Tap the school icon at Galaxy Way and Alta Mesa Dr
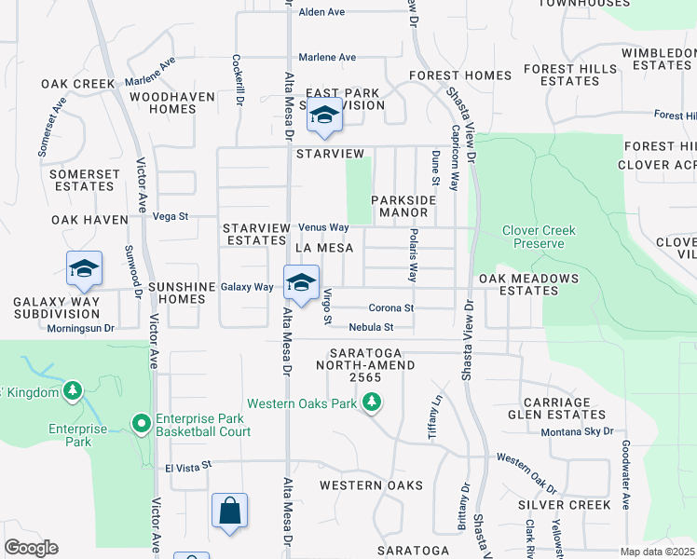point(300,284)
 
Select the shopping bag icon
point(229,511)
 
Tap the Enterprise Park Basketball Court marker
point(142,425)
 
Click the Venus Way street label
point(323,227)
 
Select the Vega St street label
point(170,216)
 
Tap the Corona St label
point(390,307)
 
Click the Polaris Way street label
point(413,254)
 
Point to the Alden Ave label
point(321,12)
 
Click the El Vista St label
point(189,466)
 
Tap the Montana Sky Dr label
point(578,432)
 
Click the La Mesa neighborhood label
point(323,248)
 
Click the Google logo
point(31,548)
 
